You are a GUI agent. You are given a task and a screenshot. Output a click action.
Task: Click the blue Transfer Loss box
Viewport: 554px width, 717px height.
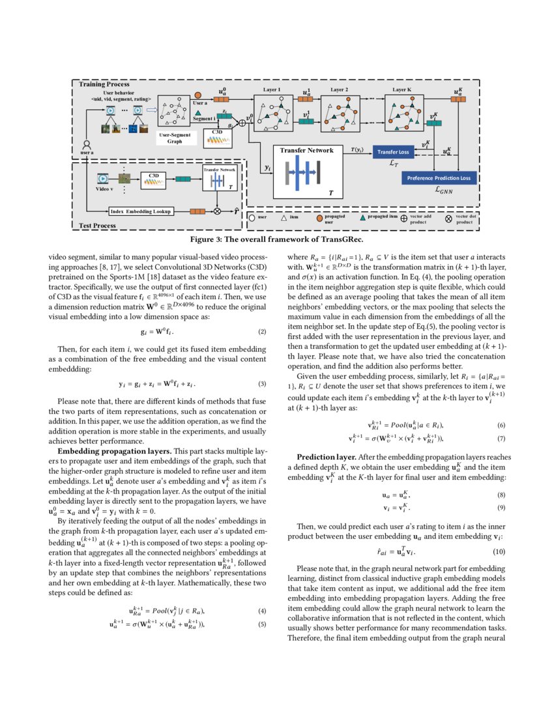point(392,153)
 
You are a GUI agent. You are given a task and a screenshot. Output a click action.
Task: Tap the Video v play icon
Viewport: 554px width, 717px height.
point(102,177)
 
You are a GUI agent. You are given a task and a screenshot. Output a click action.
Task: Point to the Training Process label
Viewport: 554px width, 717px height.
point(104,85)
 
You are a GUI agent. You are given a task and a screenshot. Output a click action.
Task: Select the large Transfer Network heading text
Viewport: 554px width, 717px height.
point(306,151)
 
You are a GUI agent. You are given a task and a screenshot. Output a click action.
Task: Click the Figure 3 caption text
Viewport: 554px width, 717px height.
point(276,239)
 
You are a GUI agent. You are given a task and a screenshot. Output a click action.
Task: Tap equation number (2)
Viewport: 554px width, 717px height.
point(262,332)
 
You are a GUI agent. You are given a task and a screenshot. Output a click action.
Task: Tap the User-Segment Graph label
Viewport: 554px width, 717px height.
point(175,138)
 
